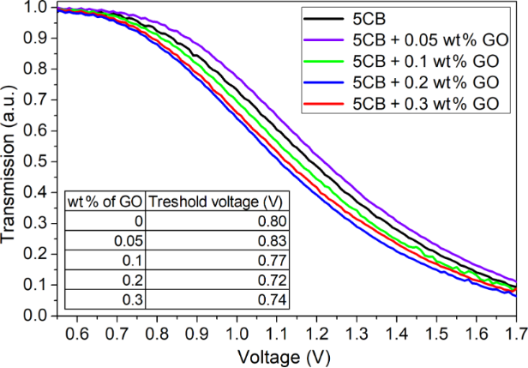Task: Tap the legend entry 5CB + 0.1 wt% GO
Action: coord(424,62)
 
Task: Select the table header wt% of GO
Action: coord(104,202)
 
